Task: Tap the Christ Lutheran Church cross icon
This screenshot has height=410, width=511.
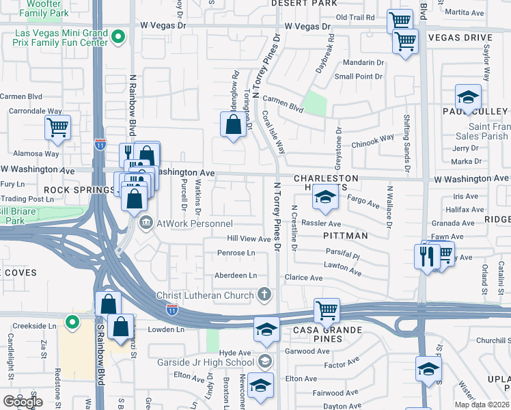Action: [264, 295]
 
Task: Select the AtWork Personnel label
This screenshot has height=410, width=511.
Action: [195, 223]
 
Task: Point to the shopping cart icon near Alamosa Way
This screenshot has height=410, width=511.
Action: [58, 126]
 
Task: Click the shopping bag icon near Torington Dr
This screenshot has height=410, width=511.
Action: [233, 124]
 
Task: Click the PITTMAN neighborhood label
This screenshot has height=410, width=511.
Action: [346, 236]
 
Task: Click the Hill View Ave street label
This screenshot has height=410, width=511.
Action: [249, 238]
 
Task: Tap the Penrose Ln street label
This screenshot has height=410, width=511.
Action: [236, 253]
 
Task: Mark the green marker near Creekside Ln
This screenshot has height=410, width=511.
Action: [72, 322]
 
